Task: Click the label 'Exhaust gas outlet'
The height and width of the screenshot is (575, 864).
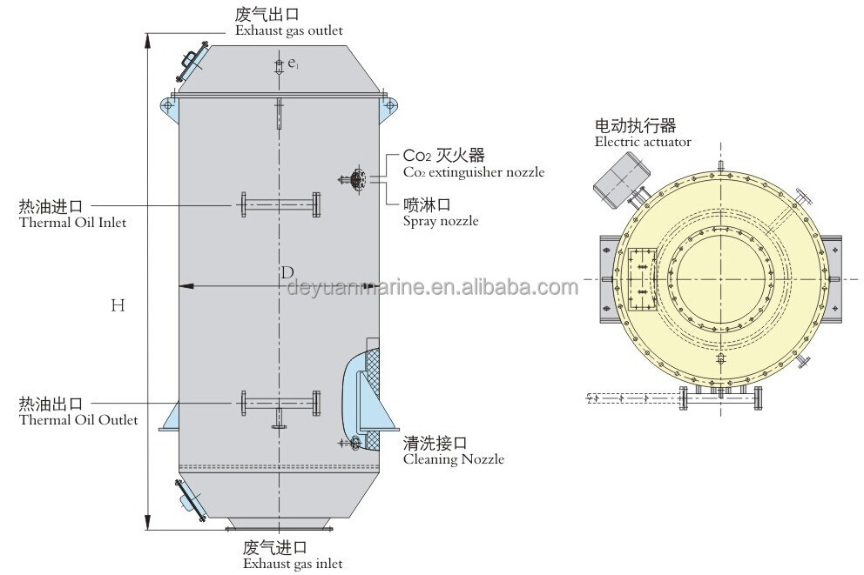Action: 289,30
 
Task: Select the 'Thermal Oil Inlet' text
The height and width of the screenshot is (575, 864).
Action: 72,223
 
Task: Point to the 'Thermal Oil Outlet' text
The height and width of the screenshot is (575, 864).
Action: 78,421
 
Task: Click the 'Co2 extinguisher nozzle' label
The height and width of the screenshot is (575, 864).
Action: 474,172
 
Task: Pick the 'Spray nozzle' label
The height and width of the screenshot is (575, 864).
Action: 441,221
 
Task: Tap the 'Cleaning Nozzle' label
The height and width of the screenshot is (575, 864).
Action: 453,458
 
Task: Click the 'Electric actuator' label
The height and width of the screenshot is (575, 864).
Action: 643,141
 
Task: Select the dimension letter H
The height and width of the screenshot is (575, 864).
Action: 118,304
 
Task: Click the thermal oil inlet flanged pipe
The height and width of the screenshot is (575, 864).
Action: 280,205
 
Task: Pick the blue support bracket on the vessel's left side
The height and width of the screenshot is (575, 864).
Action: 170,415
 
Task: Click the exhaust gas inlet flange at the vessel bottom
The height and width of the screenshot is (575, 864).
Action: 279,525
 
